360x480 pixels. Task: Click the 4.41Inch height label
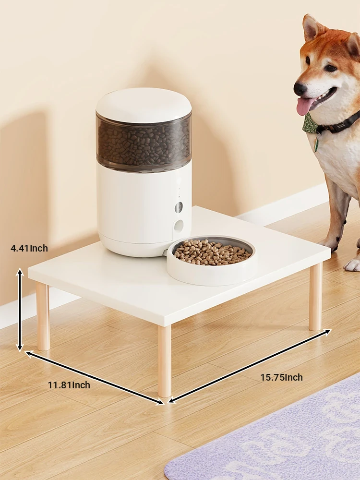[x=29, y=248]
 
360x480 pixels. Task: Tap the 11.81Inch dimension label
[x=69, y=385]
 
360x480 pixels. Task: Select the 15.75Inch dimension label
[x=282, y=377]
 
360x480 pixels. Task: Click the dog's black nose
[x=300, y=88]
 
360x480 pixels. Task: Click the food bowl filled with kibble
[x=212, y=260]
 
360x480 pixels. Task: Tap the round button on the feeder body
[x=179, y=207]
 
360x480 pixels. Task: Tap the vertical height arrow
[x=20, y=310]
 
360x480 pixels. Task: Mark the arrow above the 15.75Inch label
[x=250, y=365]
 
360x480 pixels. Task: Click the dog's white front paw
[x=352, y=265]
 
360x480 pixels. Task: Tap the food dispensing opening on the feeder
[x=180, y=226]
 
